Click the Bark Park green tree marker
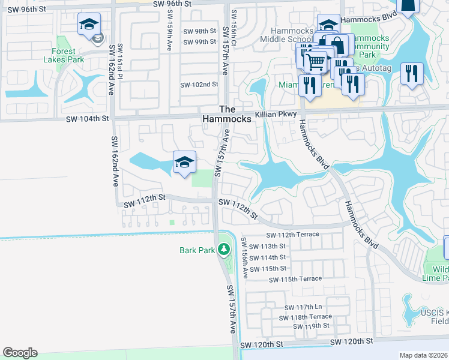click(224, 248)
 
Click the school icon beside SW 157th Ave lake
click(184, 162)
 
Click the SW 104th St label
click(88, 119)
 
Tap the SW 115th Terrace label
click(295, 279)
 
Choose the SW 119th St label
click(311, 326)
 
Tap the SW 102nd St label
click(199, 84)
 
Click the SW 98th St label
click(199, 31)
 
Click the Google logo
click(20, 353)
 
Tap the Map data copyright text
click(424, 355)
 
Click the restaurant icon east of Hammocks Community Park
click(412, 74)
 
